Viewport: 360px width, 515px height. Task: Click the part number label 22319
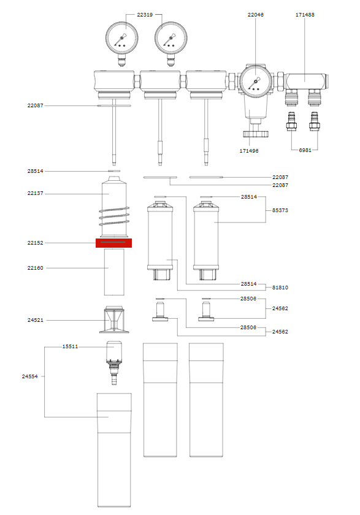click(145, 15)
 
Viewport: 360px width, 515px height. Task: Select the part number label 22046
click(256, 15)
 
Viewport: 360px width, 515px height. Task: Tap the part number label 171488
click(305, 15)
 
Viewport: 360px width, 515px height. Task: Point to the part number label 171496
click(249, 151)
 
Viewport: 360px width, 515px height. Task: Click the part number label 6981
click(305, 150)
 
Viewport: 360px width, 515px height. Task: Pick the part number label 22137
click(35, 193)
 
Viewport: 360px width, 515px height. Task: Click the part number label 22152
click(35, 243)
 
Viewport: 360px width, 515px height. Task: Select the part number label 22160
click(35, 268)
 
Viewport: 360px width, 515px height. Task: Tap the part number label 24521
click(35, 320)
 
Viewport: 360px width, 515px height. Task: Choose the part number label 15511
click(71, 346)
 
